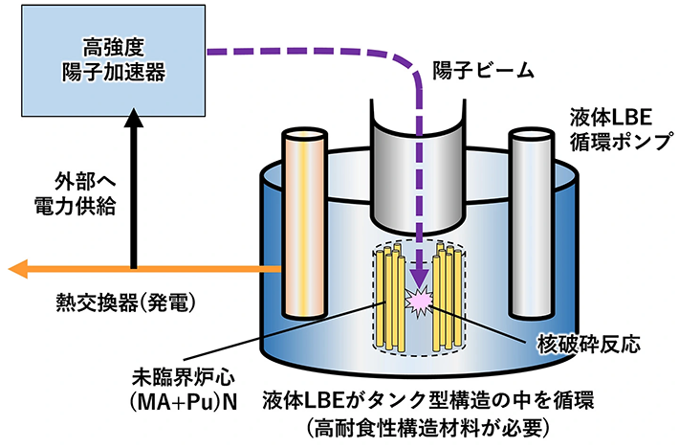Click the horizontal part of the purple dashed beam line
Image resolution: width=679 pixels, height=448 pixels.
pos(316,52)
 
